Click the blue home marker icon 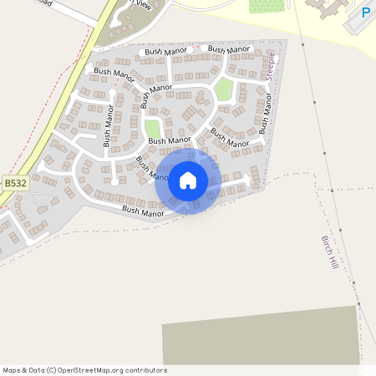point(188,180)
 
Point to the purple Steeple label point(270,65)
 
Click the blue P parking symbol point(366,13)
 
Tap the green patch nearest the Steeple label point(223,89)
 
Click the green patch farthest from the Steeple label point(152,130)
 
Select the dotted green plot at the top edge point(267,6)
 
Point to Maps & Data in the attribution point(21,370)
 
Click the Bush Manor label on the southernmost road point(143,212)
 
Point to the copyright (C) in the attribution point(51,370)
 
